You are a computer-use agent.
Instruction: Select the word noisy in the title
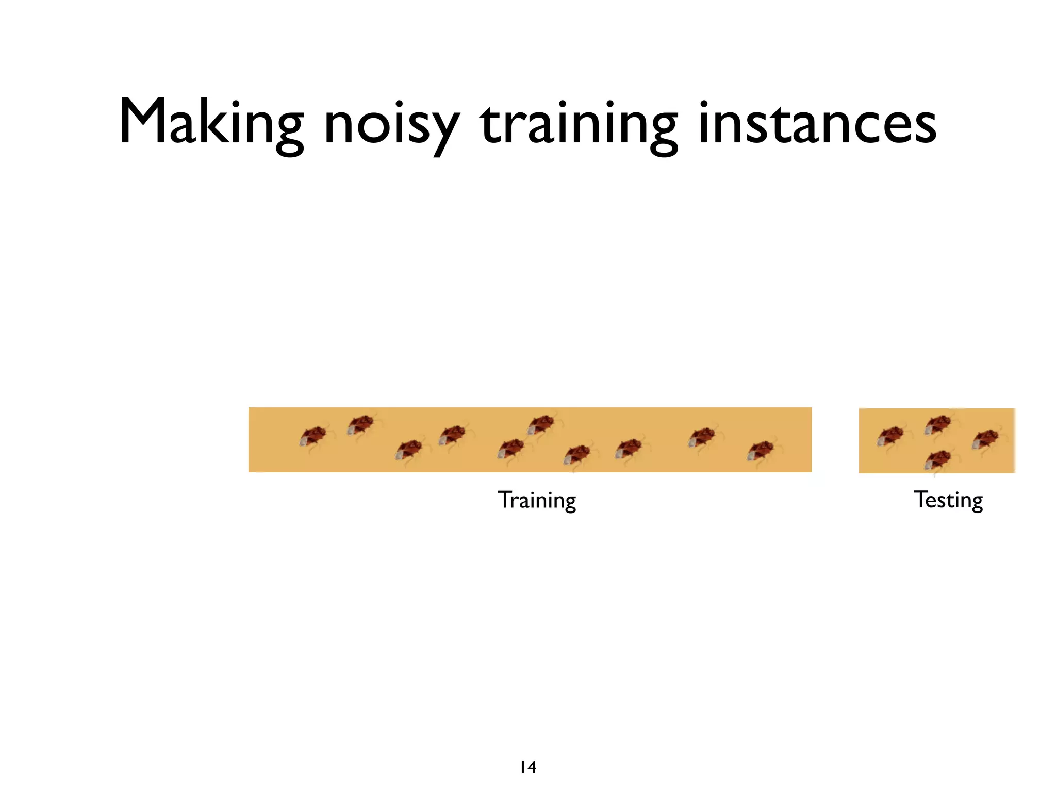[x=391, y=126]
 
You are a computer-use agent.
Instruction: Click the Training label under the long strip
[x=537, y=500]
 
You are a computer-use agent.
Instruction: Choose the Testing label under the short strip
[x=948, y=500]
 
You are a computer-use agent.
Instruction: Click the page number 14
[x=528, y=767]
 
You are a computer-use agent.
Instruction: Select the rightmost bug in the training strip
[x=761, y=451]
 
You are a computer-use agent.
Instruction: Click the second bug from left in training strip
[x=360, y=424]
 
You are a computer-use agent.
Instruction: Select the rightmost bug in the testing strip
[x=985, y=439]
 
